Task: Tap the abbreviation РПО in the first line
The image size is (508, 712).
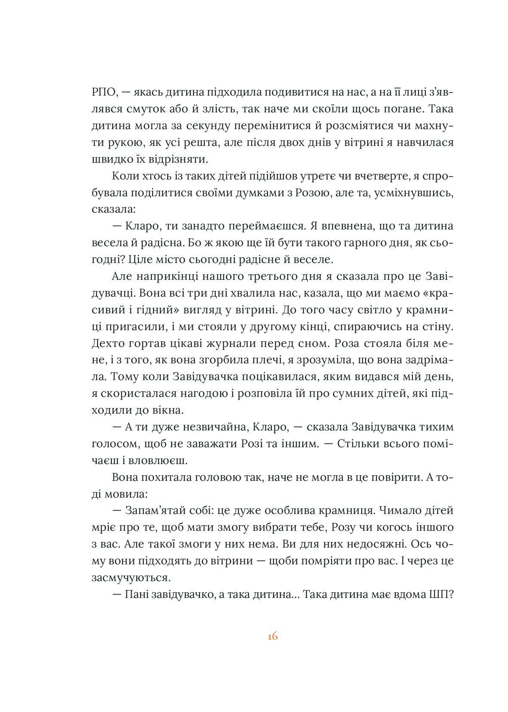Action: click(x=102, y=93)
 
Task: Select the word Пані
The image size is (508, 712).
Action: click(x=137, y=594)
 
